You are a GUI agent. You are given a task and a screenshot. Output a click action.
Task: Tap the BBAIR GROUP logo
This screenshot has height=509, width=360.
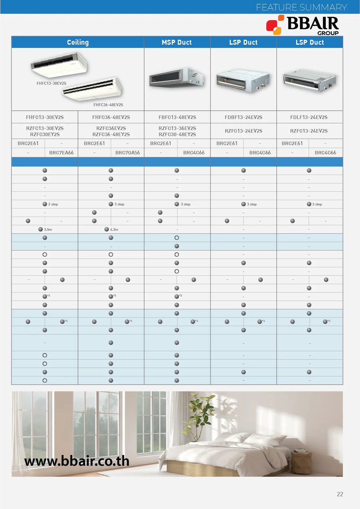303,25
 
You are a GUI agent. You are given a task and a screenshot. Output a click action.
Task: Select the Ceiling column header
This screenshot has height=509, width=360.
78,42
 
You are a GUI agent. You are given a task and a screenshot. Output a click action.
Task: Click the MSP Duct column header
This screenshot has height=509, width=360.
177,42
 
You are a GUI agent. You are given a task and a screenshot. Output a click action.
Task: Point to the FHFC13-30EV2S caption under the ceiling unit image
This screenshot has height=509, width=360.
51,83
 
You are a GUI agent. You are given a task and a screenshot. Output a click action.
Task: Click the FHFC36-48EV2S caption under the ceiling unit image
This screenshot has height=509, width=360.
108,105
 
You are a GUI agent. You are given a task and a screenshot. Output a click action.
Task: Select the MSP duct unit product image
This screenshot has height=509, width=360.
177,77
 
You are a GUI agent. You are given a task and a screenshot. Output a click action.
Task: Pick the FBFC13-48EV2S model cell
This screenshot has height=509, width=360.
177,117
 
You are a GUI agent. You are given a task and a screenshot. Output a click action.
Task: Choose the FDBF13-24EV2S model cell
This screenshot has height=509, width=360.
243,117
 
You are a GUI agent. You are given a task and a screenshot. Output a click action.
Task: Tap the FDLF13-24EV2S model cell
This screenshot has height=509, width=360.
309,117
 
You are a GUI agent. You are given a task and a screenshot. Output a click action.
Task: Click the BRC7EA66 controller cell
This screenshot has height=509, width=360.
61,153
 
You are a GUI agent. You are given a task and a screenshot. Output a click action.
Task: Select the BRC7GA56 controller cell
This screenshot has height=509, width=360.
127,153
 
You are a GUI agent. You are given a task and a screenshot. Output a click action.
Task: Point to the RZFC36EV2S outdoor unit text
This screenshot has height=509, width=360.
111,128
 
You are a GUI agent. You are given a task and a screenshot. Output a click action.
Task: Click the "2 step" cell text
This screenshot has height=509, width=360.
53,204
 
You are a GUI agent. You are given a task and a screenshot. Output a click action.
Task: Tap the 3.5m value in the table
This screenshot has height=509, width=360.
48,230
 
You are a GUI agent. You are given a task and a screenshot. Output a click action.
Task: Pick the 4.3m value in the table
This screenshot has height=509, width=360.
114,230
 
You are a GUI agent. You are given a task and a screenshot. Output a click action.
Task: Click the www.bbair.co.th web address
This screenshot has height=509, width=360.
77,461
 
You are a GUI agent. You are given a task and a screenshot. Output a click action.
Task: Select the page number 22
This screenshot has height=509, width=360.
340,494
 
